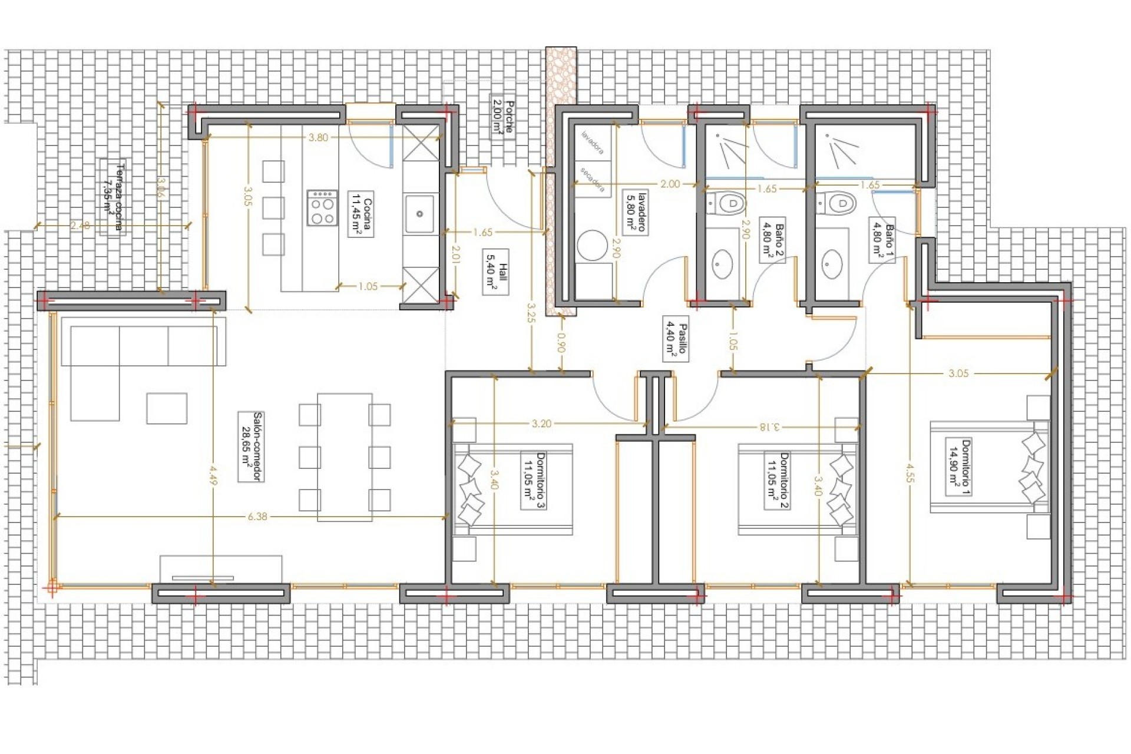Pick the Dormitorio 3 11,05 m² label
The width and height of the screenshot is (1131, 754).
coord(534,479)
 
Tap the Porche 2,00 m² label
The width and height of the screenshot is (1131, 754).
coord(502,117)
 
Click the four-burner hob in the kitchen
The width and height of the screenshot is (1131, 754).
coord(322,207)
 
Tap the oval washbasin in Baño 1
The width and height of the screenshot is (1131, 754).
coord(832,264)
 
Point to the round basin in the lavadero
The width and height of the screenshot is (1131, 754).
coord(592,245)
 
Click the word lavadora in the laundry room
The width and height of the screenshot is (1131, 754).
coord(593,143)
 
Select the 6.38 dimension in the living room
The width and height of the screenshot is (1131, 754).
coord(257,517)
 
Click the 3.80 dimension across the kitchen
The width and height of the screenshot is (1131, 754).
coord(318,137)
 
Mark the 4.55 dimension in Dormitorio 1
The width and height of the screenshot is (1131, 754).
coord(910,472)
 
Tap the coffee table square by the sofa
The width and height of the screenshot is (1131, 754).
coord(167,408)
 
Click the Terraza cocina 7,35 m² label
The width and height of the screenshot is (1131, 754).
coord(113,197)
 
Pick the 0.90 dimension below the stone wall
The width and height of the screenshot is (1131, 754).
coord(561,343)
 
